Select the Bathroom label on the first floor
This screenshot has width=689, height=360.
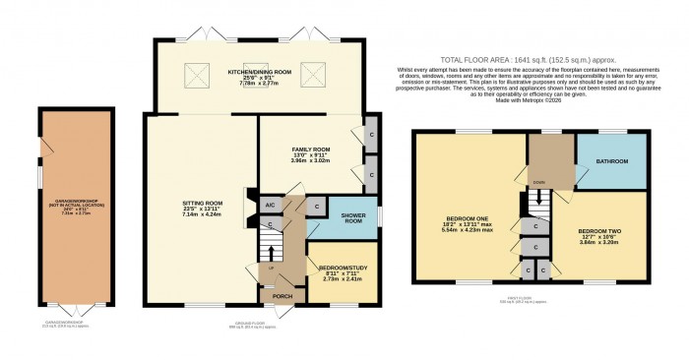[x=612, y=159]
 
